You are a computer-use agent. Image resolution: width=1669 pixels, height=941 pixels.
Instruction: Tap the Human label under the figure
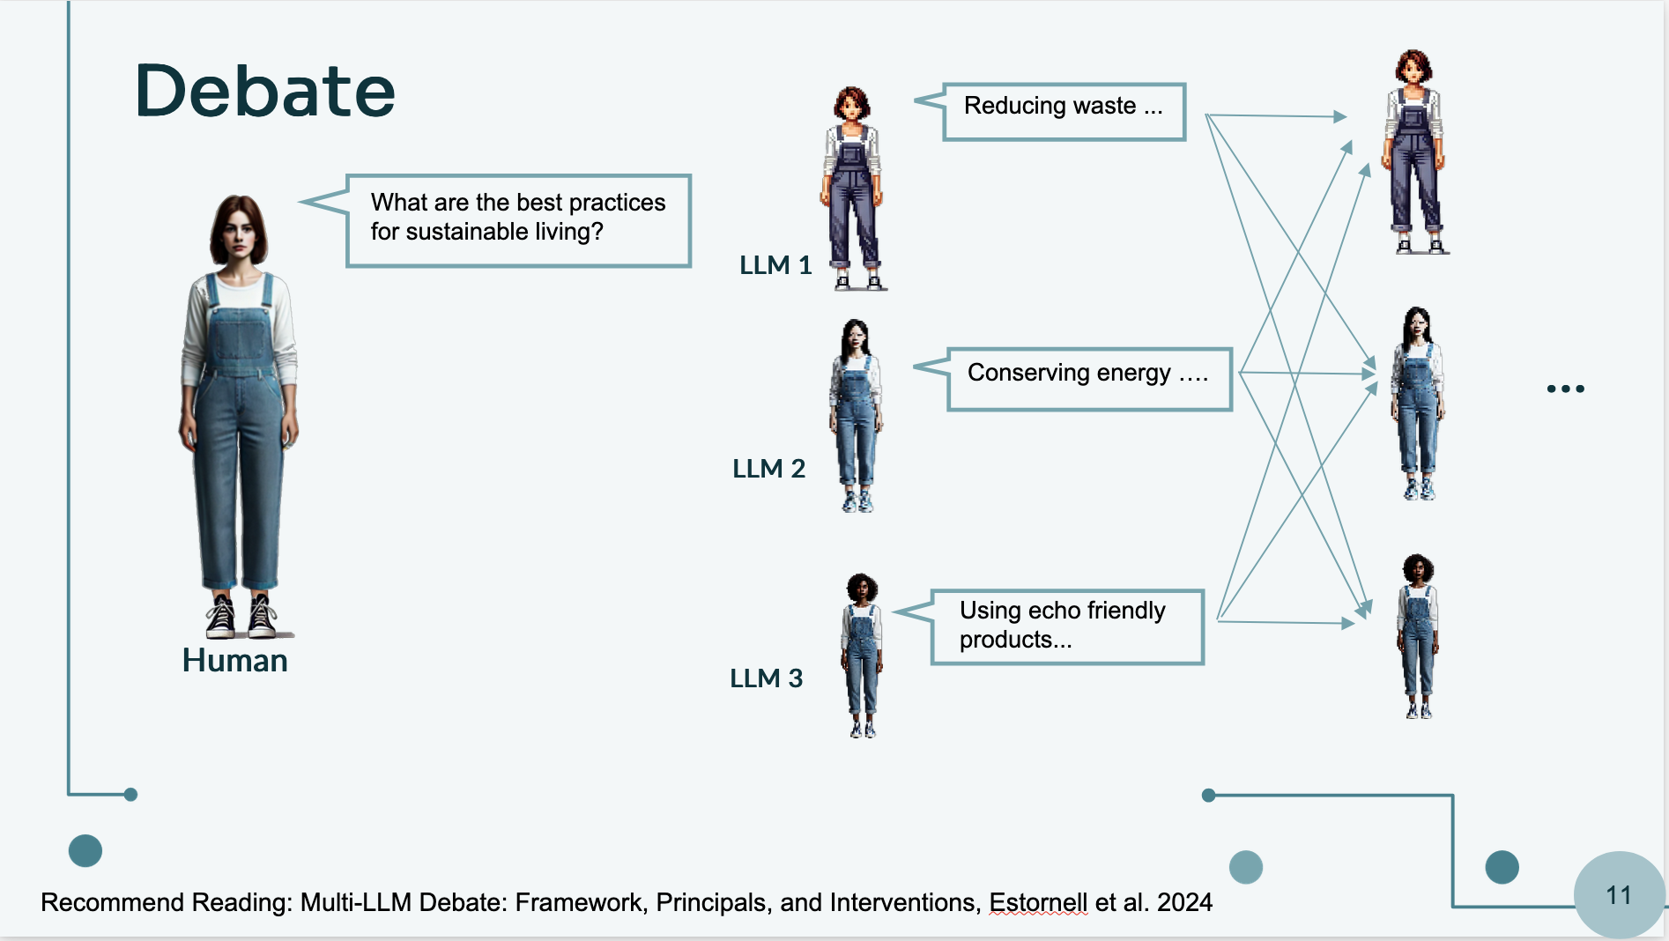pyautogui.click(x=234, y=661)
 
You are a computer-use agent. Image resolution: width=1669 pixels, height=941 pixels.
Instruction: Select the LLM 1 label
pyautogui.click(x=775, y=265)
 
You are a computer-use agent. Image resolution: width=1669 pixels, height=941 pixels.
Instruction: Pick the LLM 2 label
pyautogui.click(x=768, y=469)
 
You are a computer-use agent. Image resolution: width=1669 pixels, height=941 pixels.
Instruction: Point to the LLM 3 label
pyautogui.click(x=766, y=678)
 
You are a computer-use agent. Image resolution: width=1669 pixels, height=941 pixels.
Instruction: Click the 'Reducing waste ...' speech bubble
pyautogui.click(x=1064, y=111)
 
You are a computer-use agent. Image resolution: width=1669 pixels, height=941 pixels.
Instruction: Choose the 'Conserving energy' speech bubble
pyautogui.click(x=1088, y=379)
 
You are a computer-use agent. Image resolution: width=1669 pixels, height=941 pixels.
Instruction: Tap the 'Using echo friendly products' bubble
pyautogui.click(x=1066, y=626)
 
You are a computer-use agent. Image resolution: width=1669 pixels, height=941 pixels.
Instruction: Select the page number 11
pyautogui.click(x=1619, y=895)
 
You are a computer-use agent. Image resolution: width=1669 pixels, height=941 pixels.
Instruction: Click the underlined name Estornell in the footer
pyautogui.click(x=1038, y=903)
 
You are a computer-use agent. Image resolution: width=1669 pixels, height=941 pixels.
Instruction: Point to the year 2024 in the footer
pyautogui.click(x=1184, y=903)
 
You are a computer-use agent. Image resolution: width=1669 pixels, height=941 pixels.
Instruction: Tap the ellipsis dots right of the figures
pyautogui.click(x=1565, y=389)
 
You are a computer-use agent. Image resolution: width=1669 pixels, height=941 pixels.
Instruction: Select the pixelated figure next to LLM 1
pyautogui.click(x=852, y=189)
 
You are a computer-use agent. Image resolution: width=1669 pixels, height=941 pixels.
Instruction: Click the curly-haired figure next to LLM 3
pyautogui.click(x=862, y=656)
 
